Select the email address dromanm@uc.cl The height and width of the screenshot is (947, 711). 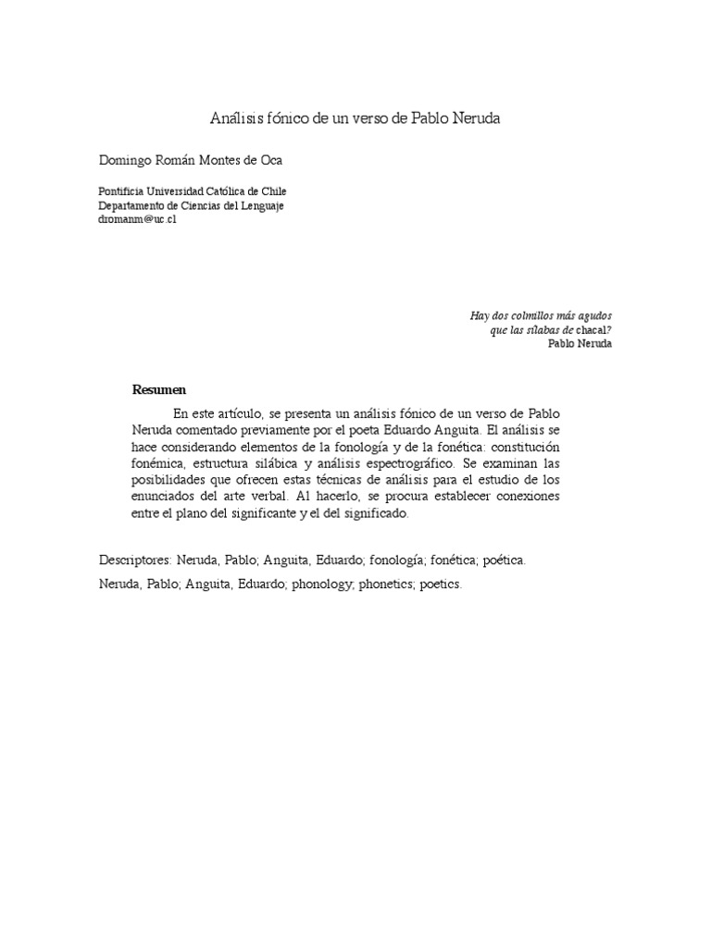point(137,220)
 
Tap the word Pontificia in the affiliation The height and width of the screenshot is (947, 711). point(121,191)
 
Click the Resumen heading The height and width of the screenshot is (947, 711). point(159,389)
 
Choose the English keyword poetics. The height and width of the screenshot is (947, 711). point(440,585)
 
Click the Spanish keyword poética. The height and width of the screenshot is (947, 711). point(505,560)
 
